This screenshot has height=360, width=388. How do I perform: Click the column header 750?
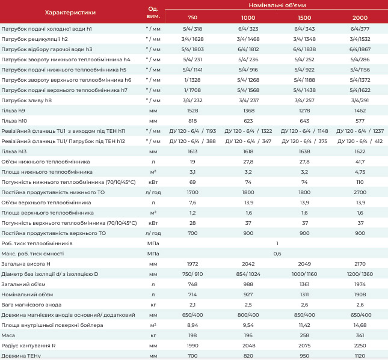point(192,17)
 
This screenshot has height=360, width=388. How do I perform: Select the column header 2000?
point(360,17)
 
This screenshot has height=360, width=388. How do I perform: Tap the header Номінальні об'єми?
point(277,5)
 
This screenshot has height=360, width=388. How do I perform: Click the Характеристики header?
point(70,13)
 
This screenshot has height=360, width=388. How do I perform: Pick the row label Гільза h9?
point(13,111)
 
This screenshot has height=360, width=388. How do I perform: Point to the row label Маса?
point(8,335)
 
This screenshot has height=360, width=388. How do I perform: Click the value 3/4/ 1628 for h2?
point(192,39)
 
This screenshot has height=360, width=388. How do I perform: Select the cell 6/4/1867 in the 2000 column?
point(360,49)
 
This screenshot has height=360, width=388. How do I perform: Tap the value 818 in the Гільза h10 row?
point(192,121)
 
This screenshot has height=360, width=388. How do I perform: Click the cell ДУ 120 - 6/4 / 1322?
point(248,131)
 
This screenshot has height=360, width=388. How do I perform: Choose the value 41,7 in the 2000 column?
point(360,162)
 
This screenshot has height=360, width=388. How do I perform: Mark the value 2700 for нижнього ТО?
point(360,192)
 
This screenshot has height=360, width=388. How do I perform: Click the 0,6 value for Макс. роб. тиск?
point(277,254)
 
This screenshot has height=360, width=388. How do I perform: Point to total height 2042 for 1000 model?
point(248,264)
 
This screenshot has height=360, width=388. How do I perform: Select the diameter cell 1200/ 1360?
point(360,274)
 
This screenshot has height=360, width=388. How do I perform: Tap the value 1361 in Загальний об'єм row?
point(304,284)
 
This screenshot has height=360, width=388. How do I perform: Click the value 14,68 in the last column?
point(360,325)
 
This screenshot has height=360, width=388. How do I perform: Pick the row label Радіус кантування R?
point(28,346)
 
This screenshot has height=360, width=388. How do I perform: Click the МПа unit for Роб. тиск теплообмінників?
point(153,243)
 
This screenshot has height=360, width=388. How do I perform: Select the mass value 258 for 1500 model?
point(304,335)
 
